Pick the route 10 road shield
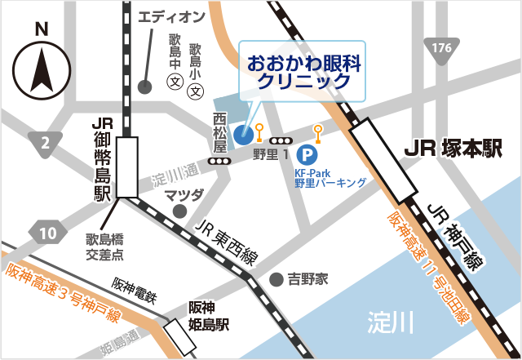tap(47, 233)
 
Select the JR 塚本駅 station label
tap(453, 149)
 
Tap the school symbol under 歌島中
tap(174, 82)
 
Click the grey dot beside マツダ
tap(179, 211)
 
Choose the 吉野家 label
tap(307, 279)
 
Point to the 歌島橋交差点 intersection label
tap(105, 247)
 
